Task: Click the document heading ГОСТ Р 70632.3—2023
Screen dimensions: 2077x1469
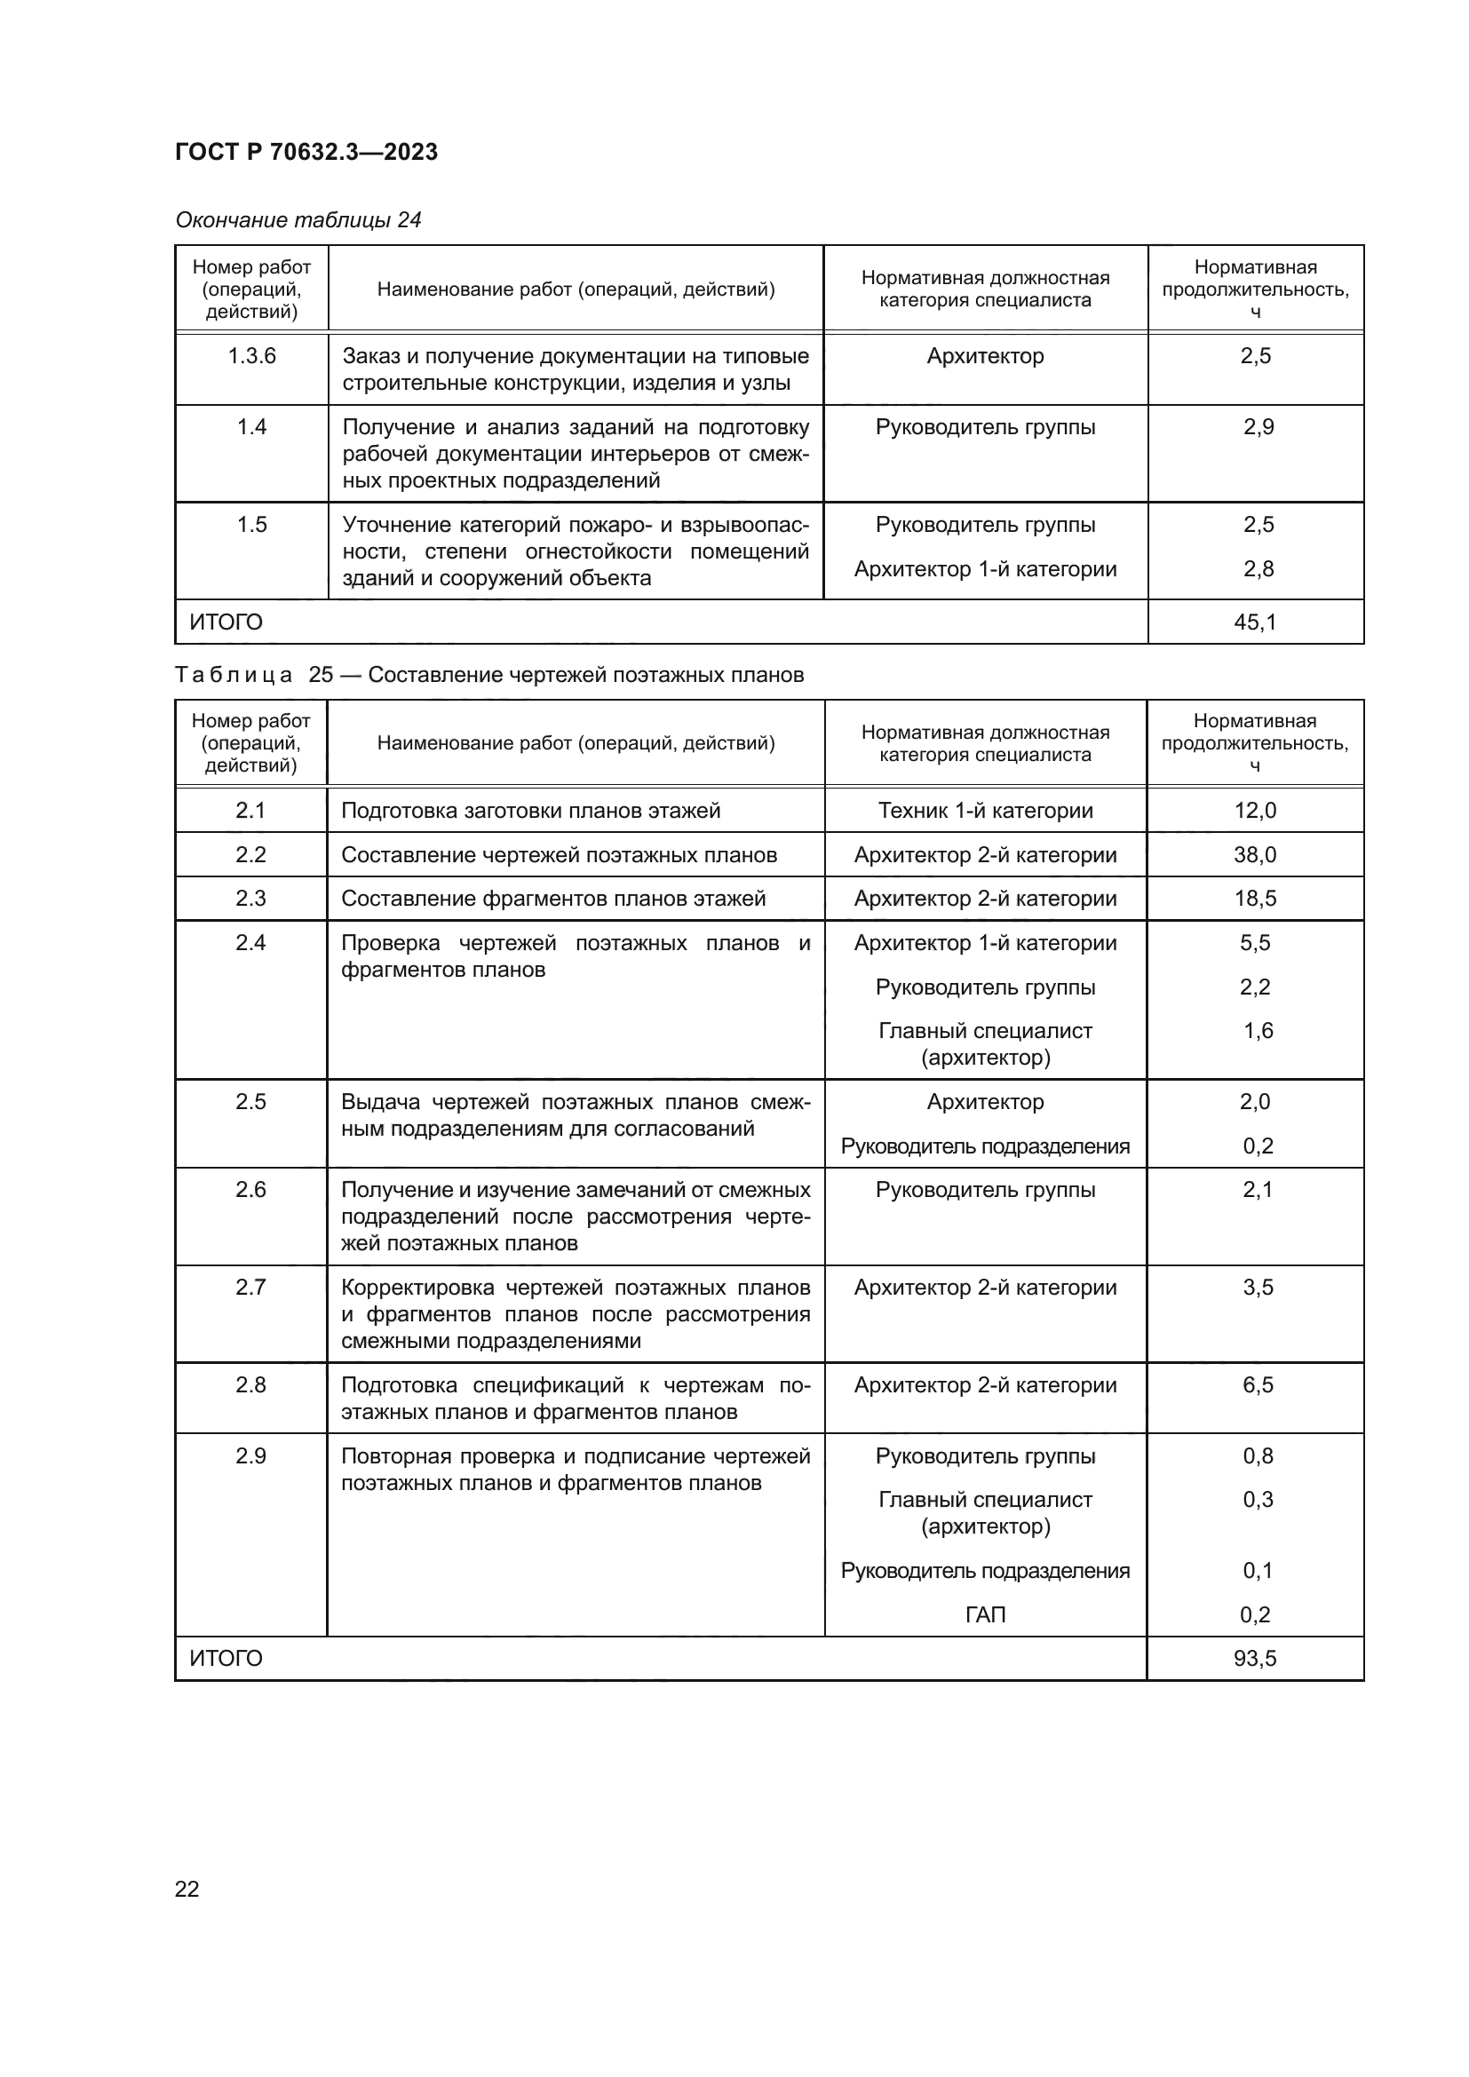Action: pyautogui.click(x=306, y=152)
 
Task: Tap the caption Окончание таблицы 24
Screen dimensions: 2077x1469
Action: pyautogui.click(x=298, y=220)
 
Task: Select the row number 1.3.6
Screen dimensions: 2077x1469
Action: pyautogui.click(x=251, y=355)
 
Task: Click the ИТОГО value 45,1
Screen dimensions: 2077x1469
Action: pyautogui.click(x=1255, y=622)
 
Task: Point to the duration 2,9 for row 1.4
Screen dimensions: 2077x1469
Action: pyautogui.click(x=1258, y=427)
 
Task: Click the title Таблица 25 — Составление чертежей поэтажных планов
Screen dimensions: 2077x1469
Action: pyautogui.click(x=488, y=675)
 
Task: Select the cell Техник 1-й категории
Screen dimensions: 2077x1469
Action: pyautogui.click(x=985, y=811)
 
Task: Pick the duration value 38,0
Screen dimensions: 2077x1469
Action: pyautogui.click(x=1255, y=855)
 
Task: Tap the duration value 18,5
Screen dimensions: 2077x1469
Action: pyautogui.click(x=1255, y=899)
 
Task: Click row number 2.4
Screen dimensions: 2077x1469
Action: pyautogui.click(x=250, y=943)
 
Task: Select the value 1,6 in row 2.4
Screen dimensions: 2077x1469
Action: pyautogui.click(x=1258, y=1030)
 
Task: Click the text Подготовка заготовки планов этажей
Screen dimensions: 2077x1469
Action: pyautogui.click(x=530, y=811)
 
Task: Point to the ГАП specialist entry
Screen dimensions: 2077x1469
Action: pyautogui.click(x=985, y=1614)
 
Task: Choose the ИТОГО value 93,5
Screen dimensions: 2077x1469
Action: pyautogui.click(x=1255, y=1658)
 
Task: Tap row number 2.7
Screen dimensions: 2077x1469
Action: pyautogui.click(x=250, y=1288)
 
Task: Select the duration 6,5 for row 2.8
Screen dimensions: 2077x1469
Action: pyautogui.click(x=1258, y=1385)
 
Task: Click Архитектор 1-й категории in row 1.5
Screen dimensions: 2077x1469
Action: pyautogui.click(x=985, y=569)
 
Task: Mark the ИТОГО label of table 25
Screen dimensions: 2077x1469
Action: pyautogui.click(x=226, y=1658)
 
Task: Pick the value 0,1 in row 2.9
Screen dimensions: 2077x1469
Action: pyautogui.click(x=1258, y=1571)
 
